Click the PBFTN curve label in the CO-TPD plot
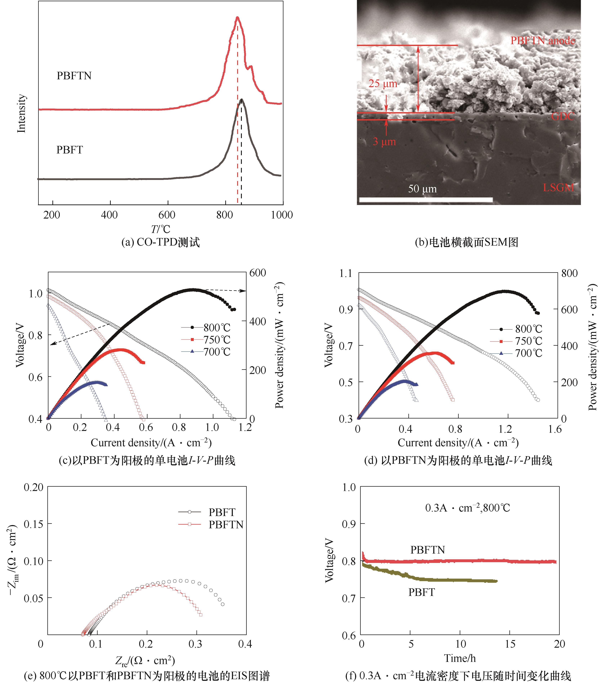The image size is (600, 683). (x=74, y=76)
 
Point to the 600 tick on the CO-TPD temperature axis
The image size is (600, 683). (x=167, y=215)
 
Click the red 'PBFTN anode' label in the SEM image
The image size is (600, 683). (x=543, y=41)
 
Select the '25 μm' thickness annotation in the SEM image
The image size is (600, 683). (x=383, y=83)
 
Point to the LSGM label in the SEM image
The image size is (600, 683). (x=558, y=188)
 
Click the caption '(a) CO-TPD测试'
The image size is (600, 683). (x=160, y=242)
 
